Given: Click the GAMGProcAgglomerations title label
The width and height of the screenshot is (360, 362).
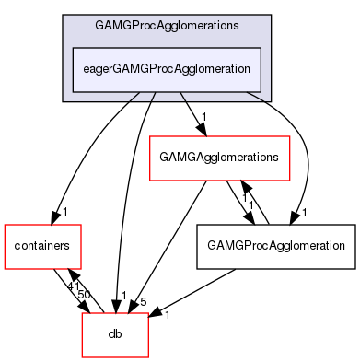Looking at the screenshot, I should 167,25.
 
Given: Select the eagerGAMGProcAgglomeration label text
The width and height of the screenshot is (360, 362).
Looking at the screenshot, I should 167,69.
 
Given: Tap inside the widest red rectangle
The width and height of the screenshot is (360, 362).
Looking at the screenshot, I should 220,158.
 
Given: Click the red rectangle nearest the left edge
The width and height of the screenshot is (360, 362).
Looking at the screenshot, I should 42,246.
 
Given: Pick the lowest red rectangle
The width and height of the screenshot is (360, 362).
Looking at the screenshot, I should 115,334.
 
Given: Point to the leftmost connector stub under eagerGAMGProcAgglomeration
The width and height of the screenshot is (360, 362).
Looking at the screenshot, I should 134,96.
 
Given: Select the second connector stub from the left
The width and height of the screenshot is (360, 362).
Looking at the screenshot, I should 154,96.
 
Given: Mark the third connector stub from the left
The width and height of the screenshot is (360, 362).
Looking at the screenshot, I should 182,96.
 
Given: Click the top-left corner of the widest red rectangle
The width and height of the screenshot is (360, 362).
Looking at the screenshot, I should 150,136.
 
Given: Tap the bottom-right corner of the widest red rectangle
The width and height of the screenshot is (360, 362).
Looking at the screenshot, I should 290,180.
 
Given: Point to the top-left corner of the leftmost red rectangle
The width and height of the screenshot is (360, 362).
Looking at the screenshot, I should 5,225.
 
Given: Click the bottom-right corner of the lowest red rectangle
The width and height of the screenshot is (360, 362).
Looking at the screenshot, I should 148,357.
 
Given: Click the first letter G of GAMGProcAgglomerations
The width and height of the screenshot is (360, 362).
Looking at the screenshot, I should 99,25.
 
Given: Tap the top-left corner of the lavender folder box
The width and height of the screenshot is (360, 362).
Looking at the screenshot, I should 64,16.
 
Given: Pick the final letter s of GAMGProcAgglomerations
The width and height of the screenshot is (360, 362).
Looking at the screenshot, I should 236,25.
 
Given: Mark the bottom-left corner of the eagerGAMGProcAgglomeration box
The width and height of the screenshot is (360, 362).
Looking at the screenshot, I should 73,91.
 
